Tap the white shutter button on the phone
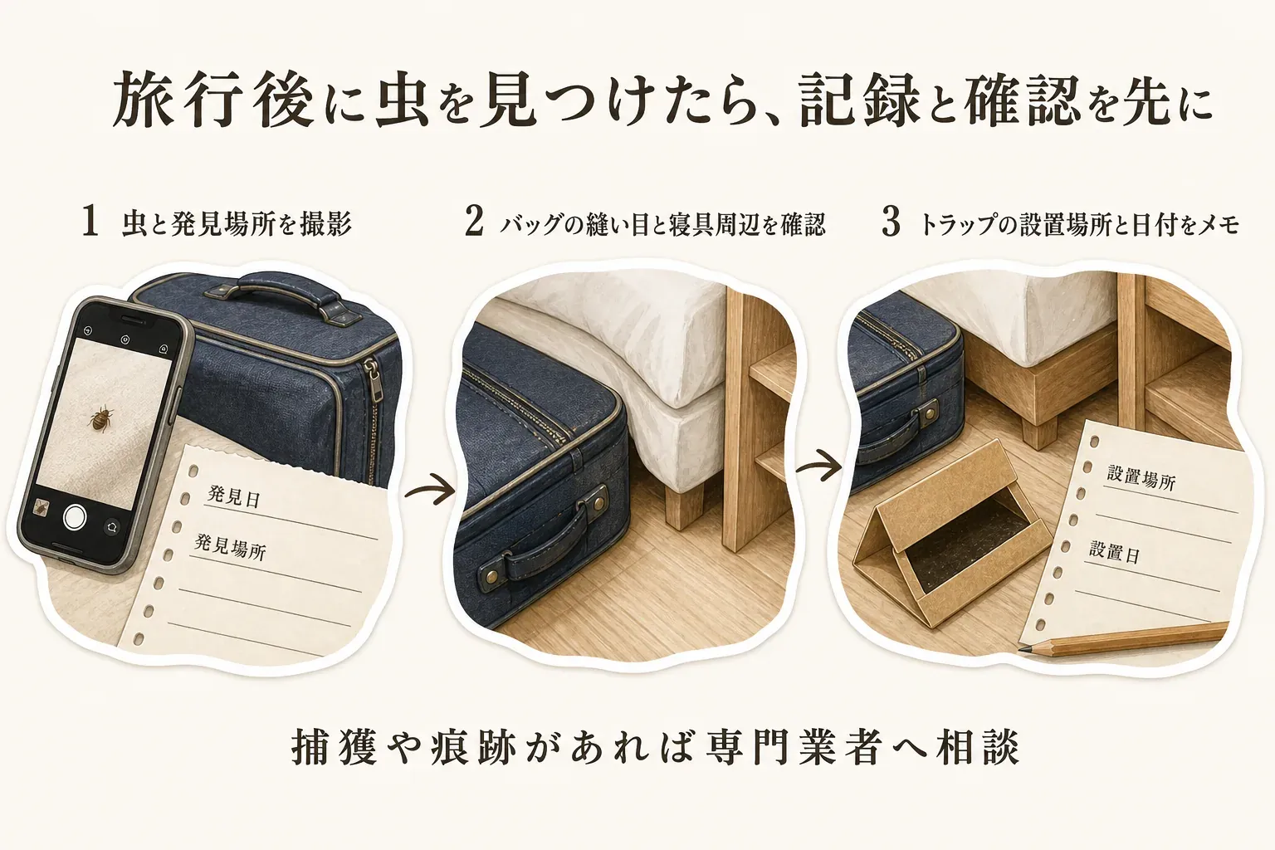click(x=76, y=516)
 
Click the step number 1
click(x=90, y=222)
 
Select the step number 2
click(x=474, y=222)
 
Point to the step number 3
click(x=891, y=222)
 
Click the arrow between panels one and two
click(x=430, y=489)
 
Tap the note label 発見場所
click(x=230, y=547)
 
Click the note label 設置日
click(x=1115, y=552)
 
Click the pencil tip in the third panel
click(x=1023, y=648)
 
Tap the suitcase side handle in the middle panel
click(x=545, y=535)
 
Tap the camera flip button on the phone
click(x=111, y=527)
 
